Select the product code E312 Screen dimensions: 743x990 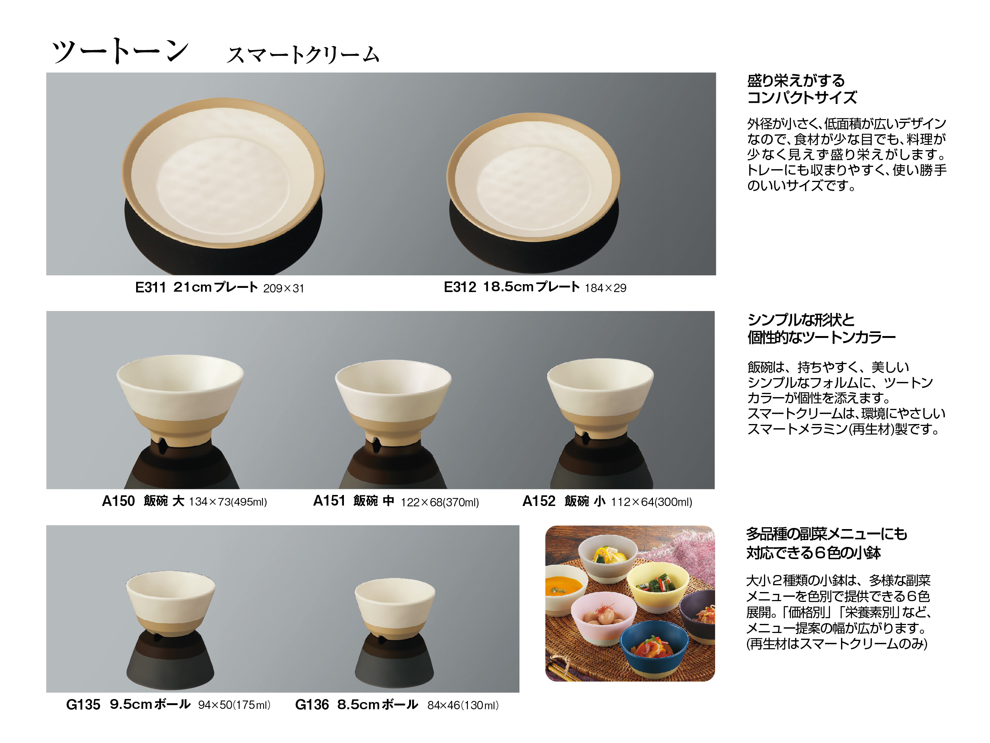[460, 287]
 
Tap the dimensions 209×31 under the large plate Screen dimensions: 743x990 [283, 289]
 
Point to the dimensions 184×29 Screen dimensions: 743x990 [605, 288]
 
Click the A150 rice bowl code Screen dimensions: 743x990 [118, 501]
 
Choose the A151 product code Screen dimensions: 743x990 [329, 501]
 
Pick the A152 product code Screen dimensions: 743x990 [539, 501]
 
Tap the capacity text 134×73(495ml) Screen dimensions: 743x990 [228, 502]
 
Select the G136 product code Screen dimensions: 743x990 [312, 705]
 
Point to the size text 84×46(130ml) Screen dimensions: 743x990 [463, 706]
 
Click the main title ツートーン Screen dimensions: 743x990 [120, 51]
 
